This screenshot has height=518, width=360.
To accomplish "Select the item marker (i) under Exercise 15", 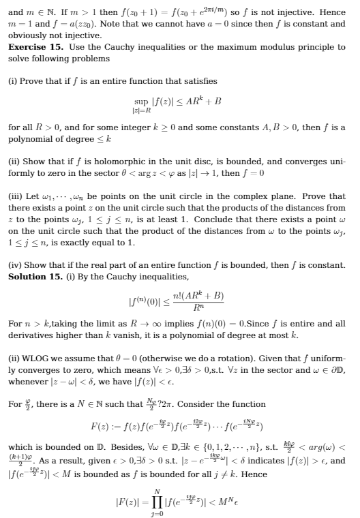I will (14, 81).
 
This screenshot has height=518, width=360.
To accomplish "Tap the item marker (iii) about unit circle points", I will (16, 186).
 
